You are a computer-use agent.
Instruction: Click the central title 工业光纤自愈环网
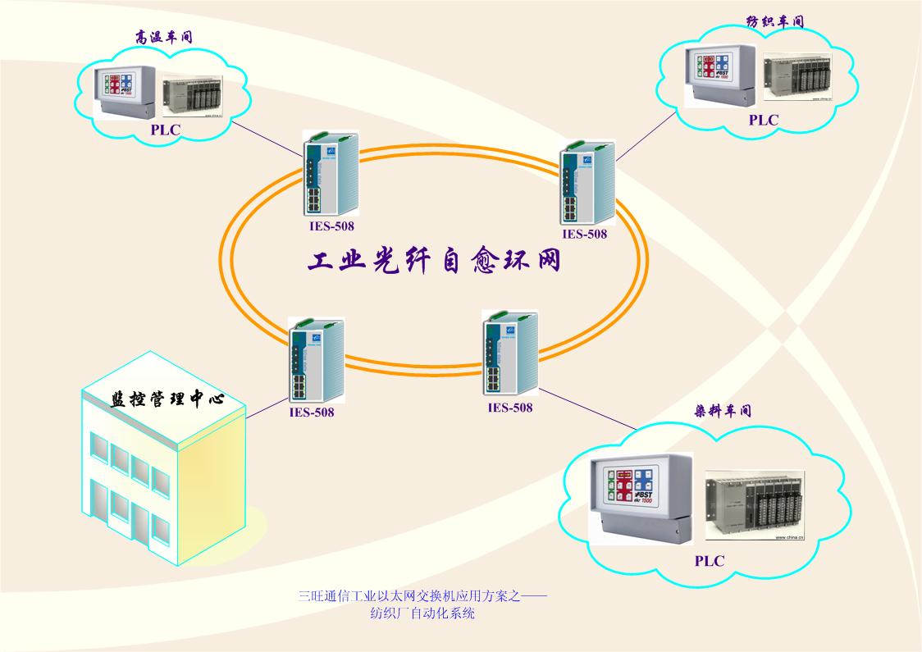(x=434, y=262)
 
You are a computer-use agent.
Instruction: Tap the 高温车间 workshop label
(x=165, y=37)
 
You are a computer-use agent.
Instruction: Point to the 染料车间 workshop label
(x=723, y=411)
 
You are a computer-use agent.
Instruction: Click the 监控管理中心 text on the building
(x=167, y=399)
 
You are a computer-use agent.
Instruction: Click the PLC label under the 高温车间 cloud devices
(x=165, y=130)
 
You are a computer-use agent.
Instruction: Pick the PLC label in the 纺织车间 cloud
(x=763, y=120)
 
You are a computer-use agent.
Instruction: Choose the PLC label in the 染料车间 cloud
(x=710, y=561)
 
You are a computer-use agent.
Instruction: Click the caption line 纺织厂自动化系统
(x=422, y=613)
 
